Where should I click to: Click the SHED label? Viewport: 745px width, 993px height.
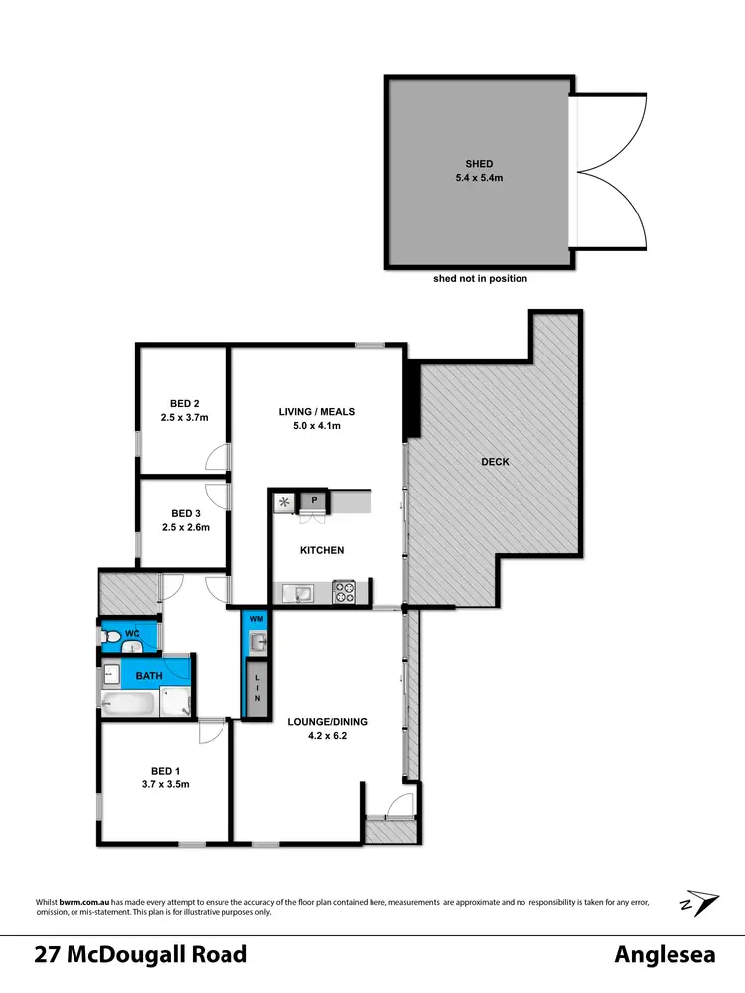pyautogui.click(x=479, y=164)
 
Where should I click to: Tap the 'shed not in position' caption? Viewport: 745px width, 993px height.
pyautogui.click(x=480, y=279)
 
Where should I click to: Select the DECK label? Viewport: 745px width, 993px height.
pyautogui.click(x=494, y=462)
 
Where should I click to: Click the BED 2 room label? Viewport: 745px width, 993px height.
pyautogui.click(x=185, y=404)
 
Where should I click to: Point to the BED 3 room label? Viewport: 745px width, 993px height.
pyautogui.click(x=185, y=513)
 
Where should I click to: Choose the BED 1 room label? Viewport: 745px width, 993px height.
pyautogui.click(x=164, y=770)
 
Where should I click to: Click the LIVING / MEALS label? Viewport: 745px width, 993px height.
pyautogui.click(x=317, y=411)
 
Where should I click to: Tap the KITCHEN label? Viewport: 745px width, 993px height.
pyautogui.click(x=323, y=550)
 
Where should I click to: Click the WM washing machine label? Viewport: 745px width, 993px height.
pyautogui.click(x=256, y=620)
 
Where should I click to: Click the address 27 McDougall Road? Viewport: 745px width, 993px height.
pyautogui.click(x=140, y=955)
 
